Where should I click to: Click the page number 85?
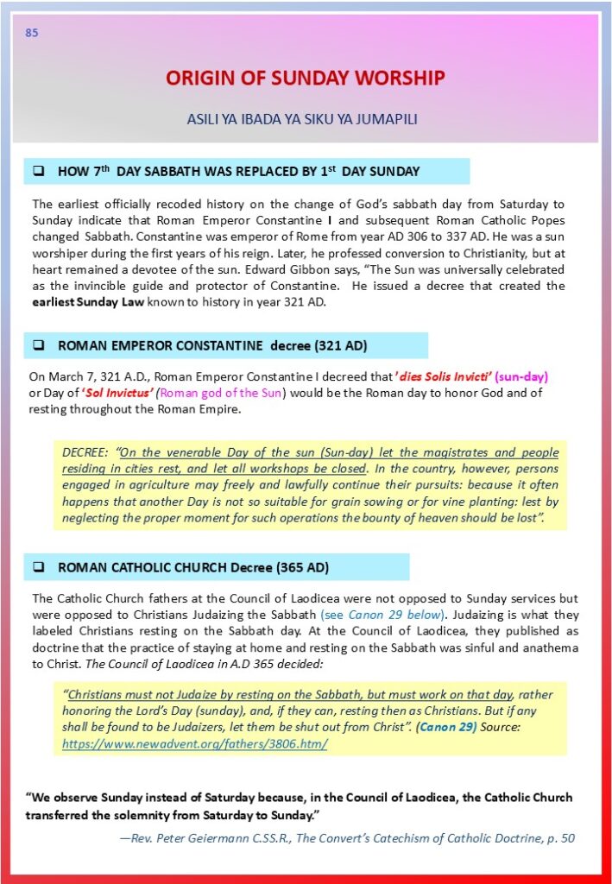pyautogui.click(x=32, y=34)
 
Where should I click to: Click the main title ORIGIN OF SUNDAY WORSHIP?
pyautogui.click(x=305, y=79)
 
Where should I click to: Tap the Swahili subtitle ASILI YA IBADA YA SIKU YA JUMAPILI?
pyautogui.click(x=302, y=119)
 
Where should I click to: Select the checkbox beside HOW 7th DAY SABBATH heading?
pyautogui.click(x=39, y=171)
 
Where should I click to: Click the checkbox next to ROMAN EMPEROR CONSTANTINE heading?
pyautogui.click(x=39, y=345)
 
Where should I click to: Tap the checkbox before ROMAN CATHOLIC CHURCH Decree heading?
pyautogui.click(x=39, y=567)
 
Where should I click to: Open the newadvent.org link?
pyautogui.click(x=194, y=743)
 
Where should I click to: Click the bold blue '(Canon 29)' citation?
pyautogui.click(x=445, y=727)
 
